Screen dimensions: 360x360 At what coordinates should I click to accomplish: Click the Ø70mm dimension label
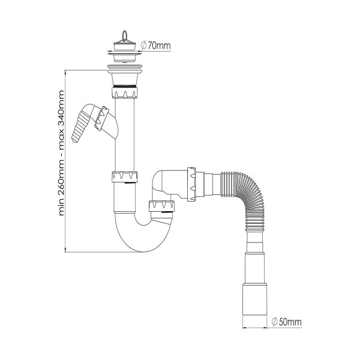[x=155, y=46]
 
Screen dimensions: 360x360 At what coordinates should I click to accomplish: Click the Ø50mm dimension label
[x=286, y=322]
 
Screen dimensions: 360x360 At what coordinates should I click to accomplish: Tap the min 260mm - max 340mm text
[x=61, y=153]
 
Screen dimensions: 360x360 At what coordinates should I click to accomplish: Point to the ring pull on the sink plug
[x=124, y=36]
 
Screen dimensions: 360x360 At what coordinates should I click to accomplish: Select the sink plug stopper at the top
[x=124, y=46]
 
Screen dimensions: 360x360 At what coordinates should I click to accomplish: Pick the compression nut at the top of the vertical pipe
[x=125, y=92]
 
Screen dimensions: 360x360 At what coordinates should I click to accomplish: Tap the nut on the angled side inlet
[x=102, y=119]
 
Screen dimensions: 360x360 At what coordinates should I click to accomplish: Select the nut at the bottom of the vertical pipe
[x=125, y=177]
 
